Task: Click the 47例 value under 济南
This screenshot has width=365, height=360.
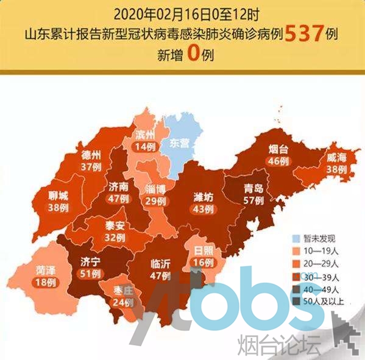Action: pos(118,197)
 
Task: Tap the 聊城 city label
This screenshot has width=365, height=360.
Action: pos(59,196)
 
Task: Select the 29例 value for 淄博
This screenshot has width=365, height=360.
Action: pos(157,200)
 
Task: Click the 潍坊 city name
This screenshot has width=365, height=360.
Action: pos(201,196)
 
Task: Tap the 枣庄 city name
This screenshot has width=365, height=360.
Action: pos(124,291)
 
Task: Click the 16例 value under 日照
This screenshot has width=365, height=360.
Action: pos(204,263)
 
